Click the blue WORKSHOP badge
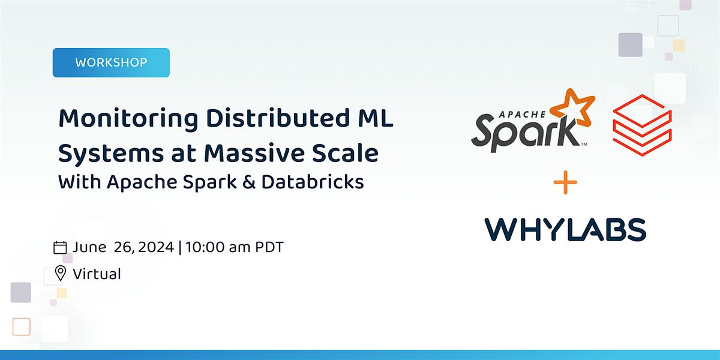click(x=111, y=62)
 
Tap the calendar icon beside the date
click(x=60, y=247)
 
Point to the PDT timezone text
click(x=266, y=247)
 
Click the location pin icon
click(x=60, y=274)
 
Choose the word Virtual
click(x=97, y=274)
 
